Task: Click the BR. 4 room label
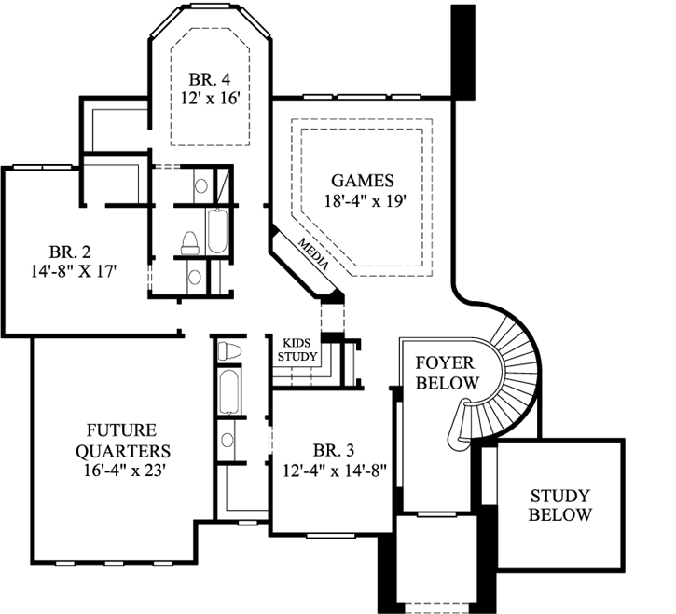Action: (x=209, y=77)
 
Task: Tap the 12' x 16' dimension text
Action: (x=209, y=97)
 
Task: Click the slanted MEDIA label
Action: (x=314, y=252)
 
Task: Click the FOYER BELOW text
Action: (x=446, y=372)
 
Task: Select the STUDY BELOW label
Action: (x=560, y=505)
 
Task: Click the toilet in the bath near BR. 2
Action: (x=188, y=242)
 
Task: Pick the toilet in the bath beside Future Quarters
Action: (x=228, y=351)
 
